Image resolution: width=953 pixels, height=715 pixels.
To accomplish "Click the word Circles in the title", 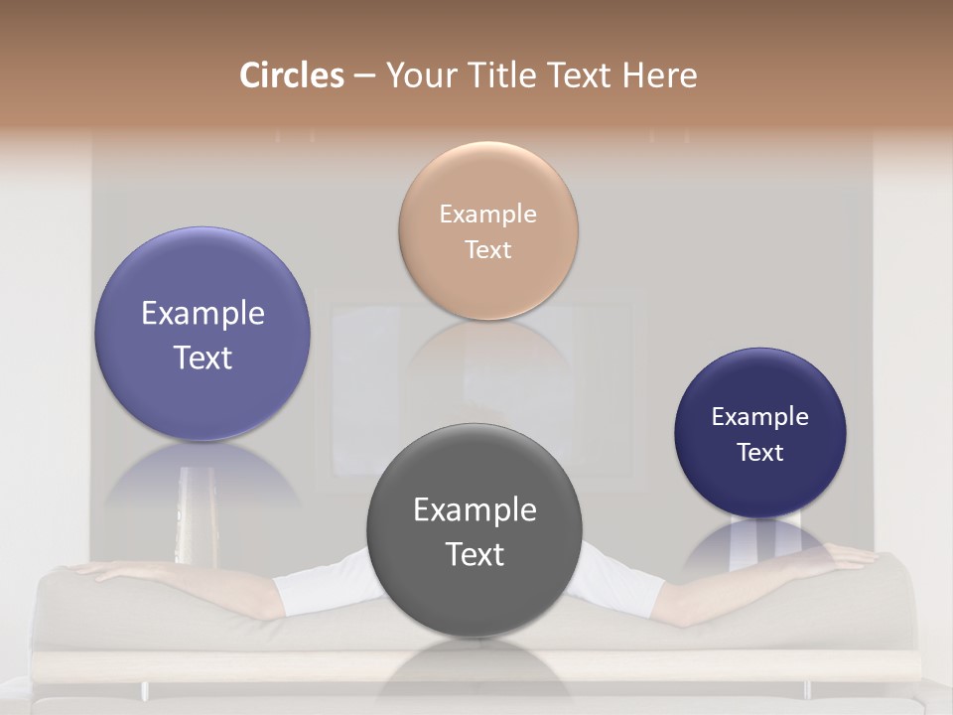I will pyautogui.click(x=292, y=75).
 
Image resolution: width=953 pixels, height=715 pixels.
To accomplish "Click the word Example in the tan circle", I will pyautogui.click(x=488, y=214).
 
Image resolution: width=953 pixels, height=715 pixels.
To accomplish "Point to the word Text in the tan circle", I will pyautogui.click(x=488, y=249).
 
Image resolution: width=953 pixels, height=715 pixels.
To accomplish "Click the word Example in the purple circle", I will pyautogui.click(x=203, y=314).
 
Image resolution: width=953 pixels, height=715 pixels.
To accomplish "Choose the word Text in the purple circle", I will pyautogui.click(x=203, y=357).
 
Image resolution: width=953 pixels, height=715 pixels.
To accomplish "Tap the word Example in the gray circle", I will pyautogui.click(x=475, y=510).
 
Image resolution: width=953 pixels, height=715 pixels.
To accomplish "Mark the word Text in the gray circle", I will pyautogui.click(x=475, y=554).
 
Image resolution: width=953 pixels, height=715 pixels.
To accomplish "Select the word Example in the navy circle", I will pyautogui.click(x=760, y=417).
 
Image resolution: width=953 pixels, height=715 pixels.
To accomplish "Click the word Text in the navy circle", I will pyautogui.click(x=760, y=453).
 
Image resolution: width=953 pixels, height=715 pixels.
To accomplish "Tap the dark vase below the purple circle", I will pyautogui.click(x=190, y=516).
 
